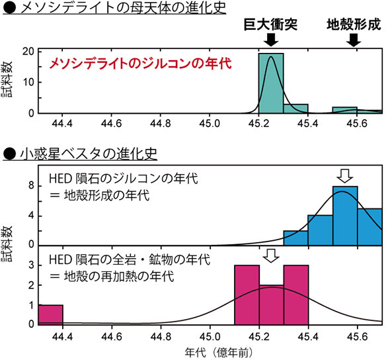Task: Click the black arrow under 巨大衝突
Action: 270,40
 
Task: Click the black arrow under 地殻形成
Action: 354,40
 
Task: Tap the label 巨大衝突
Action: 270,24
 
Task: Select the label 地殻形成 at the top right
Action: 354,24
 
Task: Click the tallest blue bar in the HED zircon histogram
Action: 345,215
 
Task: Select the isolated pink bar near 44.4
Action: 50,314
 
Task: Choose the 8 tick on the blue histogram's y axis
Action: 30,187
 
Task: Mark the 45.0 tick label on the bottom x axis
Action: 210,336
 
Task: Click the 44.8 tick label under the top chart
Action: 161,123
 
